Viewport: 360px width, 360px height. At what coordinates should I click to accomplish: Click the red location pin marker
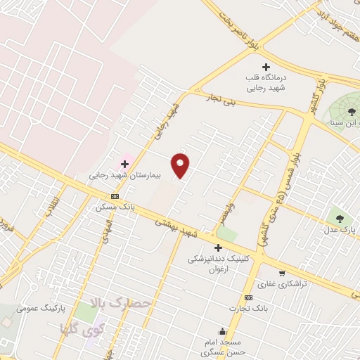181,165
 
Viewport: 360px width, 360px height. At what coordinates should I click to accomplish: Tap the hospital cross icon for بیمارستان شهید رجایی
124,164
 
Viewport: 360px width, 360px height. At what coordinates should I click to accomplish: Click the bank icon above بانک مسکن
115,197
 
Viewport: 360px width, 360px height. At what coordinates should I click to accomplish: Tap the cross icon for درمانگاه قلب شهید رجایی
265,67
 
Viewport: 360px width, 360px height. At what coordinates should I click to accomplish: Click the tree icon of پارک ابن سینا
352,111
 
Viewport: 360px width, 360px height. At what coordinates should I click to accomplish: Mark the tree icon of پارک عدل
340,219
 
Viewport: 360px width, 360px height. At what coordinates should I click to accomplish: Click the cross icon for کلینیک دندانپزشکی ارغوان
218,247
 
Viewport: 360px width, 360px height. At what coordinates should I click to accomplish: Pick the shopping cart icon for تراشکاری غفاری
282,273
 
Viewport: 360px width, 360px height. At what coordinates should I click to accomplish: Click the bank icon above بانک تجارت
248,297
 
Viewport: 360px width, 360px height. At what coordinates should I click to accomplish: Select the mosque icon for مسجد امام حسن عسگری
223,332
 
